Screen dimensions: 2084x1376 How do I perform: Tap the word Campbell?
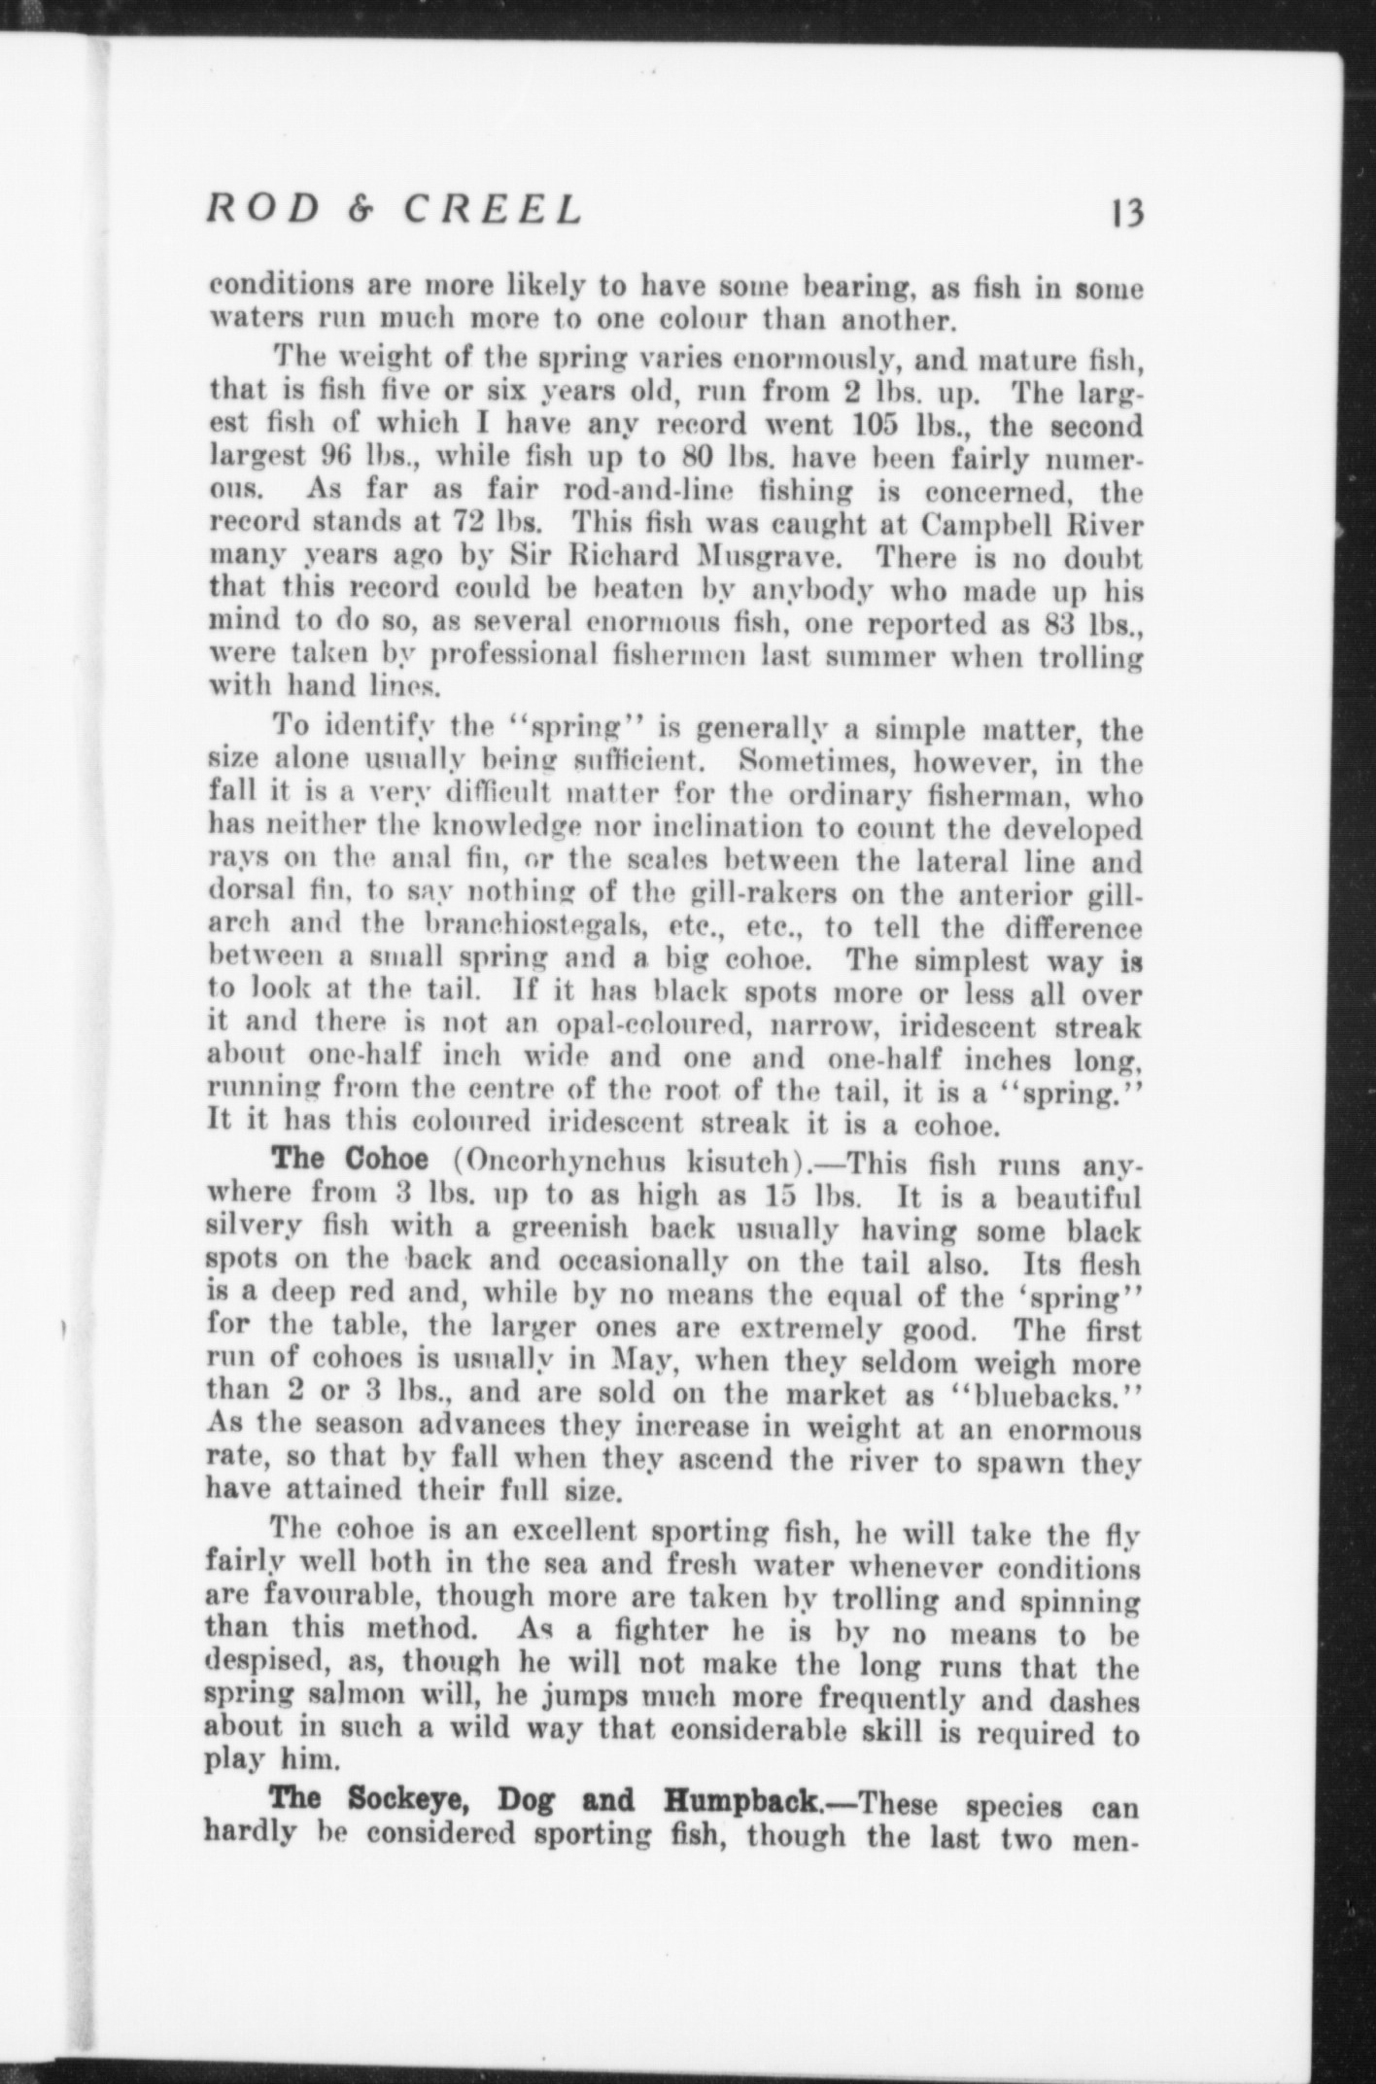click(987, 524)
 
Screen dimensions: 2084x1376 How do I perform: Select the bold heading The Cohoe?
click(350, 1160)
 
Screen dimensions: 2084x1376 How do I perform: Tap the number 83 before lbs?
click(1064, 623)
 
